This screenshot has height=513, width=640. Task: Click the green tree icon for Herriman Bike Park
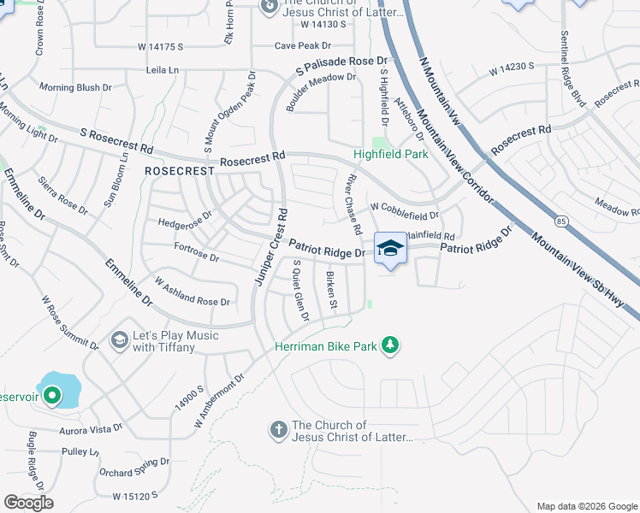(x=390, y=345)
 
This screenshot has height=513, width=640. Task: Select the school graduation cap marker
(x=391, y=248)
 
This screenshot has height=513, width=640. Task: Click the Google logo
(x=28, y=502)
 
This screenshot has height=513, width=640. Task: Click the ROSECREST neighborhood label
(x=179, y=171)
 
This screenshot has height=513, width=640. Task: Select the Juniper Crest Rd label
(x=269, y=246)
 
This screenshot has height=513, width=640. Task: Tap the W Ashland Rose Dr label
(x=192, y=292)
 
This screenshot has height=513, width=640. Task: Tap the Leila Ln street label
(x=166, y=70)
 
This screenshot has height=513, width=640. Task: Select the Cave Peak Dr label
(x=302, y=46)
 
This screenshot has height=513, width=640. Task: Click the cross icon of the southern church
(x=278, y=429)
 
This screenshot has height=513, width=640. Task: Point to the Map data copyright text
(x=586, y=505)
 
